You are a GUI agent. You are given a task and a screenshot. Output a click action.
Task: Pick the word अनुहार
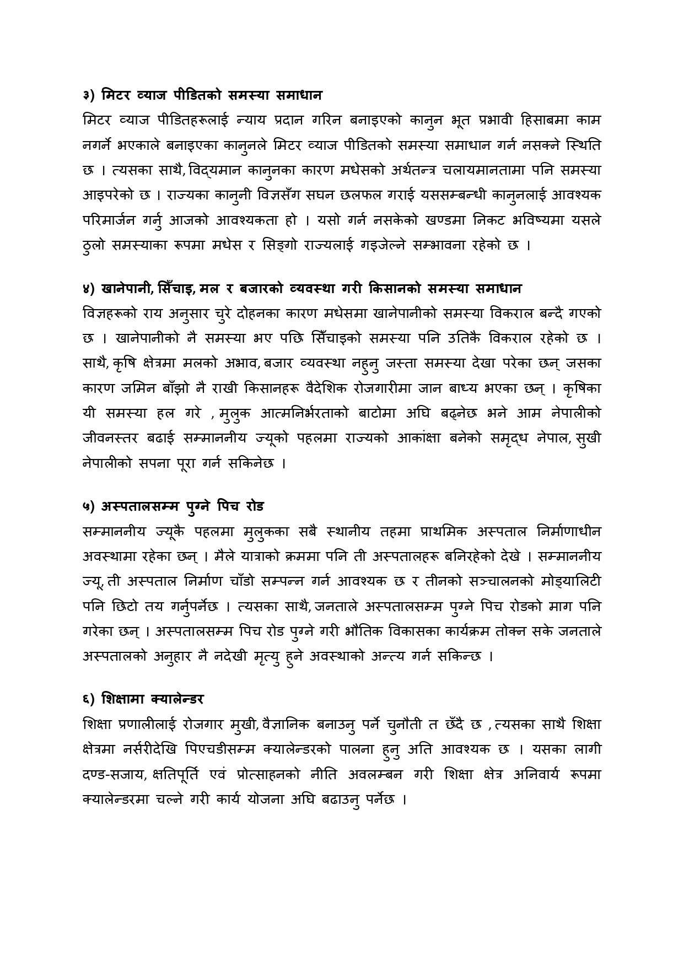click(170, 656)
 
